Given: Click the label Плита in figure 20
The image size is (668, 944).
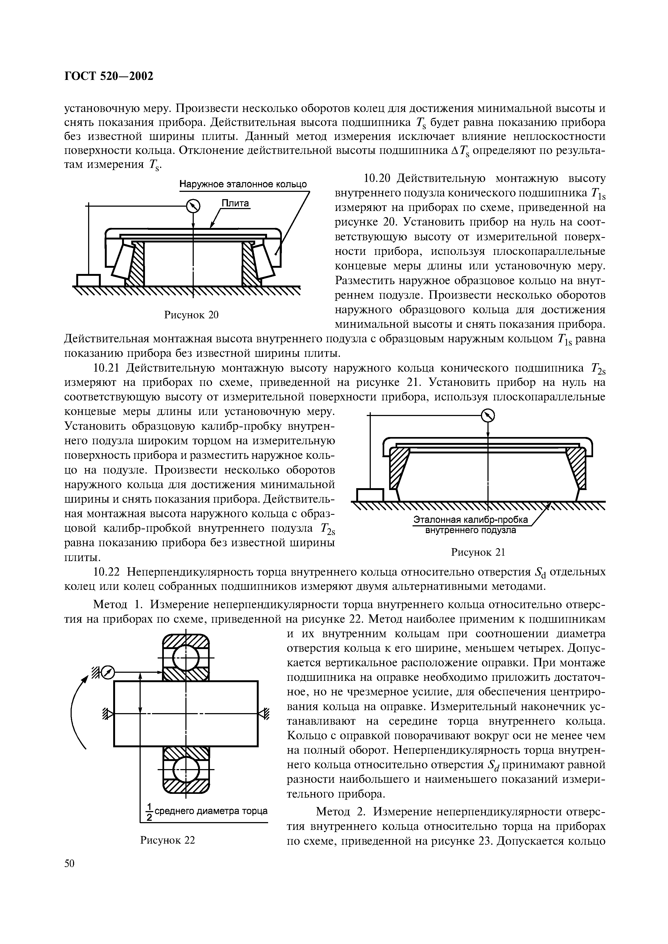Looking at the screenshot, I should (x=236, y=203).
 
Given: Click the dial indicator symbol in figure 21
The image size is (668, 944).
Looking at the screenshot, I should (x=488, y=416).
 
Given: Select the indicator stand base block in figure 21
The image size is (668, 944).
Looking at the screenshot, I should (x=370, y=495).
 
